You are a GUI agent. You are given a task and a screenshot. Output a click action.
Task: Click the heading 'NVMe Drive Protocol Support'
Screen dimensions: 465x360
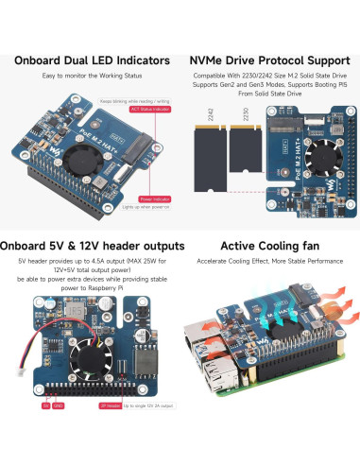point(269,60)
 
